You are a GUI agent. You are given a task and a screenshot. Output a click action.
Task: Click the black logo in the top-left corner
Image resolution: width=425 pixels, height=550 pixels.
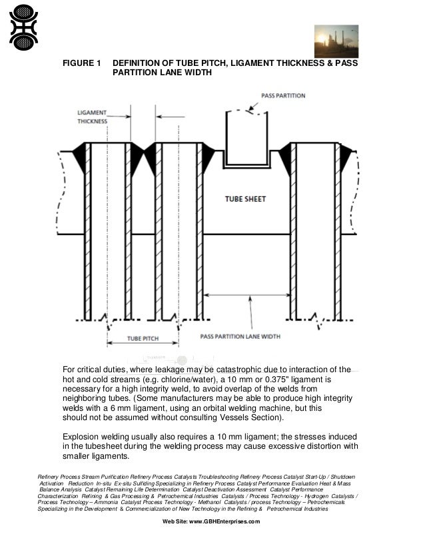tap(23, 27)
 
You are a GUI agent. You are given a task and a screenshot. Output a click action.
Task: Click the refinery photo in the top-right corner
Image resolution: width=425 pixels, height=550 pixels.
tap(336, 41)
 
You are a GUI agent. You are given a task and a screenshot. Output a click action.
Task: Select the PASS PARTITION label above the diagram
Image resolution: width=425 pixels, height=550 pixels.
tap(283, 96)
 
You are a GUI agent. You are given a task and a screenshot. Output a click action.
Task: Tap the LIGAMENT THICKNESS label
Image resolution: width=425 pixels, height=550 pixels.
tap(92, 117)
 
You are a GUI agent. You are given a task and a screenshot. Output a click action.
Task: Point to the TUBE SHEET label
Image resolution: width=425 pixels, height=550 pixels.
tap(245, 199)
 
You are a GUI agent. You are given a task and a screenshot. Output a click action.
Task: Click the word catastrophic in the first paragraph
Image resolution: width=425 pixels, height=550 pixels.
tap(226, 370)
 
